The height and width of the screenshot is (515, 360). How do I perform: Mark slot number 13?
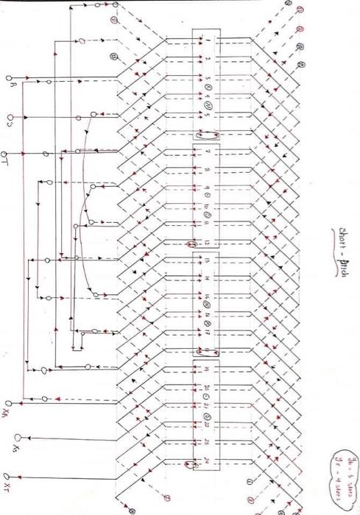[x=207, y=261]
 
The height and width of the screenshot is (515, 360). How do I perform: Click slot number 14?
[x=207, y=280]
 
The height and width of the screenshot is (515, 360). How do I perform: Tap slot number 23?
[x=207, y=443]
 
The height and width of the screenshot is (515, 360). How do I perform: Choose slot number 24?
[x=207, y=462]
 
